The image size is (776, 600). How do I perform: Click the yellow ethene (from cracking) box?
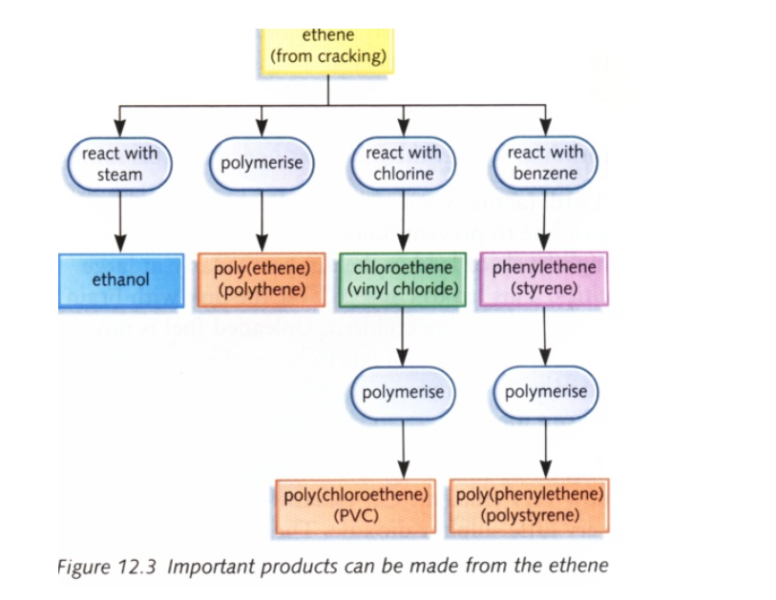(328, 48)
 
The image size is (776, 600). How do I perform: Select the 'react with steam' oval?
(119, 163)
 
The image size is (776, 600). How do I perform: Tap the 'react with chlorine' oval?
(404, 163)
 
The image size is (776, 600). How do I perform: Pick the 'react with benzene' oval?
(545, 163)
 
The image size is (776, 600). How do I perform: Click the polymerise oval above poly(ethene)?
(262, 163)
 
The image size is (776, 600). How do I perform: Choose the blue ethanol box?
(120, 280)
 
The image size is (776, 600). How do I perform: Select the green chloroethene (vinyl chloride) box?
(403, 279)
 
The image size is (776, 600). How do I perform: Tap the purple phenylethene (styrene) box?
(544, 279)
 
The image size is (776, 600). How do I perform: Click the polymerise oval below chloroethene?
(403, 392)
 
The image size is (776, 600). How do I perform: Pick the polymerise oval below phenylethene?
(545, 392)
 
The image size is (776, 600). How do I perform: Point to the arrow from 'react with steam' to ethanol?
(119, 221)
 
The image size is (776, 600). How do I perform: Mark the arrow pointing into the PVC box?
(403, 448)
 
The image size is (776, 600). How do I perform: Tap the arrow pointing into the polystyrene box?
(545, 448)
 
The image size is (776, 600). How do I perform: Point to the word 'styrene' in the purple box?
(545, 288)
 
